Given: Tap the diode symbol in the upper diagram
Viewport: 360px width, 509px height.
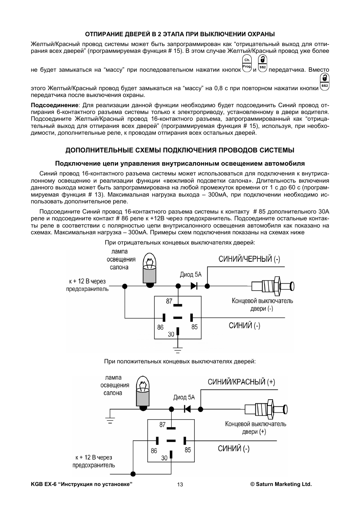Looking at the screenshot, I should point(194,286).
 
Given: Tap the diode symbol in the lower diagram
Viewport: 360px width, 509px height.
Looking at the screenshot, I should point(187,409).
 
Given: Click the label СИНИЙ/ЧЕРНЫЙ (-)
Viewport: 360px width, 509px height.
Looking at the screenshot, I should point(249,259).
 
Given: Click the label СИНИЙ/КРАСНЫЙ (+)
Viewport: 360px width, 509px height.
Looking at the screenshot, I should point(242,382).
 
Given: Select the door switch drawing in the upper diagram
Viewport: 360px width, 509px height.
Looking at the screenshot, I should point(272,286).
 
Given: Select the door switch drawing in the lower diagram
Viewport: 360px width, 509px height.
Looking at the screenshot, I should point(266,409).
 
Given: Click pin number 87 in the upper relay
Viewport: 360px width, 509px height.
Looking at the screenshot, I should point(169,301).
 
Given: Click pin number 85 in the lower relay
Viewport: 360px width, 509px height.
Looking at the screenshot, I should point(188,450).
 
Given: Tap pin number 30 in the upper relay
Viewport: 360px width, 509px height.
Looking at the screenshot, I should point(171,334).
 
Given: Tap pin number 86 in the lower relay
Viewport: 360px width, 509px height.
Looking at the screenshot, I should point(154,451).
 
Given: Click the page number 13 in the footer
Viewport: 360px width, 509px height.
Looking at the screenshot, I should point(180,484).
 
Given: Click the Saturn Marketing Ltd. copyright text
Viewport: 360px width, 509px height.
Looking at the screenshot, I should point(281,484).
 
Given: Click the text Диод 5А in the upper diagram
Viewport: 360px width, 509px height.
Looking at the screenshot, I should point(191,275).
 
